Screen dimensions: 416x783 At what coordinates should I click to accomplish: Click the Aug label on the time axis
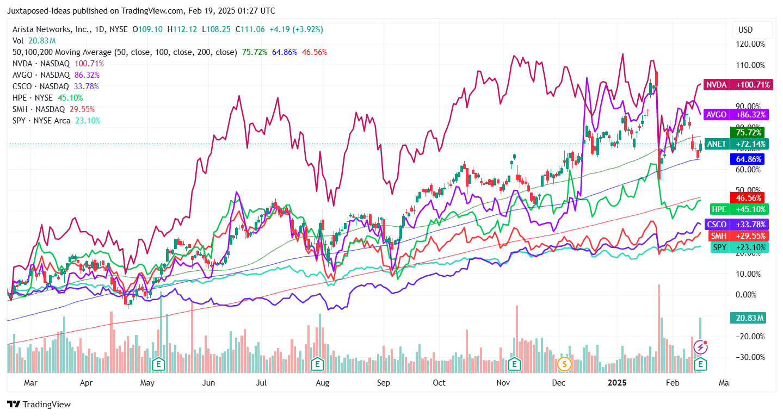pyautogui.click(x=323, y=383)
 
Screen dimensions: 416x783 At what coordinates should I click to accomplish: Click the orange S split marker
pyautogui.click(x=564, y=363)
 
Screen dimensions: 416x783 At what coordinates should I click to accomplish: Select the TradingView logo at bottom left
pyautogui.click(x=39, y=405)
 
